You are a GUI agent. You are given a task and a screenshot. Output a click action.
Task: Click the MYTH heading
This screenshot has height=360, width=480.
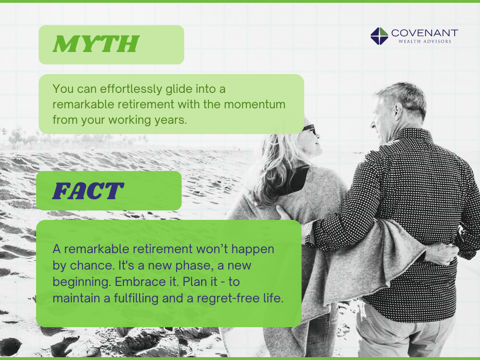point(96,45)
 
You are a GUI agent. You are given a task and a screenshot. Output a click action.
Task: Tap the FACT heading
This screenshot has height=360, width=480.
point(88,191)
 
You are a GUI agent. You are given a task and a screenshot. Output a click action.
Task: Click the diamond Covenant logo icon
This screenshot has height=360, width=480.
point(379,36)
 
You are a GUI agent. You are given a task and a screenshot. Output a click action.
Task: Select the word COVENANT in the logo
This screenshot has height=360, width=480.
point(424,33)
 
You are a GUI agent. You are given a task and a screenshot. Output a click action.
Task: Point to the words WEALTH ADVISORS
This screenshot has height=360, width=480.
point(425,42)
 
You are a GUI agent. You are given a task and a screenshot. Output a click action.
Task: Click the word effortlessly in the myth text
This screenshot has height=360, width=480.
point(115,89)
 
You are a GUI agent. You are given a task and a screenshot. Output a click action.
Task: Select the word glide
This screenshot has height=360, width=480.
point(170,89)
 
